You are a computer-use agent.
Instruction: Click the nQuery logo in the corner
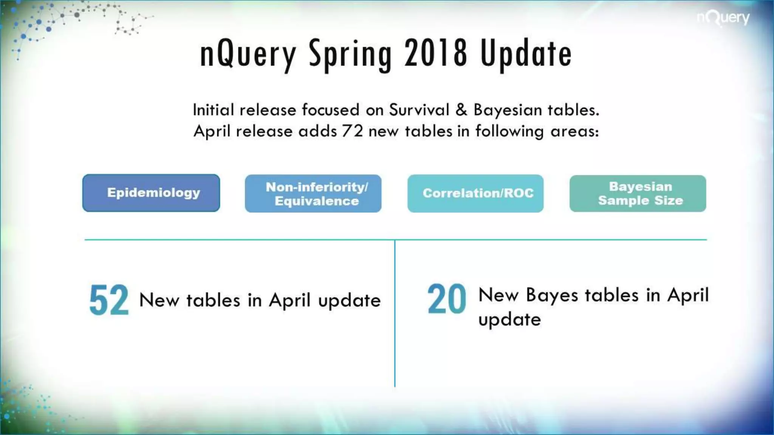pyautogui.click(x=723, y=18)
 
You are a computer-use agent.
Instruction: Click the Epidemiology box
pyautogui.click(x=151, y=193)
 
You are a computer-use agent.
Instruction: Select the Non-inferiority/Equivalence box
pyautogui.click(x=313, y=193)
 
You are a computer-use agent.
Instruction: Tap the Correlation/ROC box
pyautogui.click(x=475, y=193)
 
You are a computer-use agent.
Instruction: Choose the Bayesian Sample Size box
pyautogui.click(x=638, y=193)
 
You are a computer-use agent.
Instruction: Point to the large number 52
pyautogui.click(x=109, y=300)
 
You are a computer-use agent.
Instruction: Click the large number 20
pyautogui.click(x=447, y=299)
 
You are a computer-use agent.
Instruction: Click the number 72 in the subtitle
pyautogui.click(x=352, y=131)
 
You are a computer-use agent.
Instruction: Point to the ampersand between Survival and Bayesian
pyautogui.click(x=461, y=110)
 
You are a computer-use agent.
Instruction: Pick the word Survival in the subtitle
pyautogui.click(x=419, y=110)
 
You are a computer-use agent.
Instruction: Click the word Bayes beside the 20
pyautogui.click(x=552, y=295)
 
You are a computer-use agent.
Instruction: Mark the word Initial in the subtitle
pyautogui.click(x=214, y=110)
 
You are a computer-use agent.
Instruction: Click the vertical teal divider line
pyautogui.click(x=395, y=313)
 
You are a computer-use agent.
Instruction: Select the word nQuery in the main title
pyautogui.click(x=248, y=55)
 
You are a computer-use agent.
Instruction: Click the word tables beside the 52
pyautogui.click(x=213, y=301)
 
